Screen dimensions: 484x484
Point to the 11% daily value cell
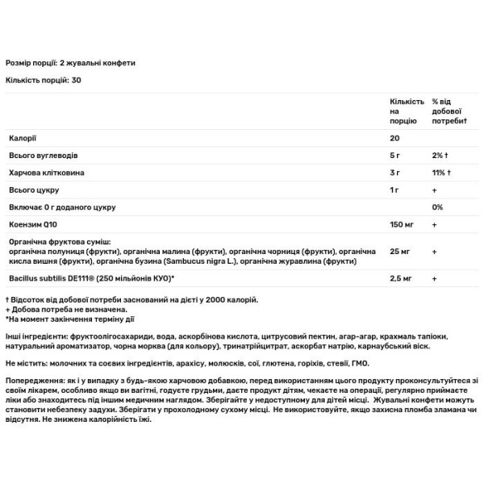click(x=440, y=173)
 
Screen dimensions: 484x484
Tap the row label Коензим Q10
click(x=29, y=225)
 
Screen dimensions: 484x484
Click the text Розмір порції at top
click(x=31, y=62)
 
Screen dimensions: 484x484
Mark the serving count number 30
click(x=77, y=80)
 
